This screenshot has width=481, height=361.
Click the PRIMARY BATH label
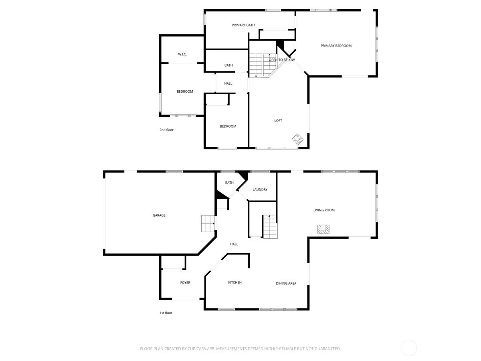coord(243,25)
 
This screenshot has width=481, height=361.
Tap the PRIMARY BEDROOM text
coord(336,46)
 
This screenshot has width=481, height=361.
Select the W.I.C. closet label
coord(182,54)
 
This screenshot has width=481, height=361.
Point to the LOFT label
coord(278,121)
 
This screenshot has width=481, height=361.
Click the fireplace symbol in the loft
coord(297,140)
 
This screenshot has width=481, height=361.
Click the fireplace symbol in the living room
coord(323,229)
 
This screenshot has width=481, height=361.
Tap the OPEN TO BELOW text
coord(282,60)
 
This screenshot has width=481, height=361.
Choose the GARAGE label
coord(159,215)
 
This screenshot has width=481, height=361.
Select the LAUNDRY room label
coord(260,189)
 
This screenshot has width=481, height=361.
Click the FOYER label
coord(185,282)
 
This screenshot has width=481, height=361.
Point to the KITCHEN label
coord(235,282)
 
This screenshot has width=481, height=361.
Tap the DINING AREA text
coord(286,284)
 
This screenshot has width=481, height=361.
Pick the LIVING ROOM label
coord(324,210)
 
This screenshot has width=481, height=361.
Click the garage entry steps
coord(208,223)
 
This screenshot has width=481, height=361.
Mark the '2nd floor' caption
coord(166,130)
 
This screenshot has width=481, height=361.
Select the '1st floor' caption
coord(166,313)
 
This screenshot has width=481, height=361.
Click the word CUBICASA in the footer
coord(197,349)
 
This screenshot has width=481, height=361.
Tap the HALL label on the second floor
coord(228,83)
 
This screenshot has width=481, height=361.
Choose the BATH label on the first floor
coord(229,183)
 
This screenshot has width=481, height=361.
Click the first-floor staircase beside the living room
coord(270,227)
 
